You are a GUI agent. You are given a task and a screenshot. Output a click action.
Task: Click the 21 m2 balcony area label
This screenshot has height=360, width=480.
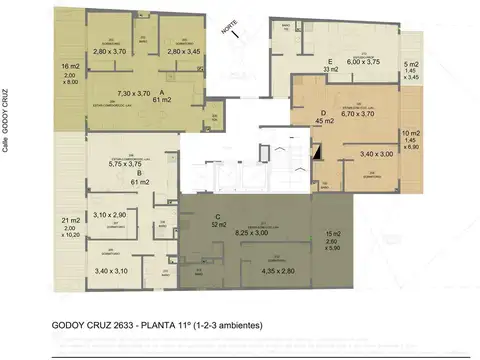69,220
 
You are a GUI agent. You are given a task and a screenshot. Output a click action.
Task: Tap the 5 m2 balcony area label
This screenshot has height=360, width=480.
411,66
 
